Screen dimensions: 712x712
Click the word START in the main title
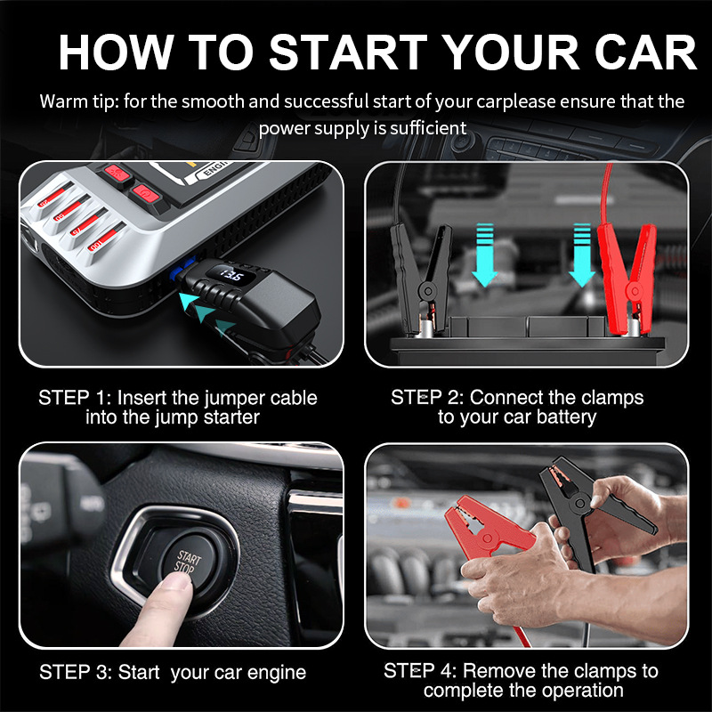click(348, 52)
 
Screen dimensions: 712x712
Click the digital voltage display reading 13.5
click(231, 275)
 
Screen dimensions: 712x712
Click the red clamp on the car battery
click(626, 278)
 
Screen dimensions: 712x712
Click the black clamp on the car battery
click(421, 278)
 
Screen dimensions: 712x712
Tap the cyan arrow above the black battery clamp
click(484, 255)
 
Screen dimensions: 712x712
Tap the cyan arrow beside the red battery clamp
click(582, 255)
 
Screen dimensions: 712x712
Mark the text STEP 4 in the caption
click(419, 671)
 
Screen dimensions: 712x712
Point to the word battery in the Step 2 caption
click(566, 417)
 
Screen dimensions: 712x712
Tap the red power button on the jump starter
click(145, 195)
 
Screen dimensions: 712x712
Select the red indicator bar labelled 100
click(105, 238)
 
